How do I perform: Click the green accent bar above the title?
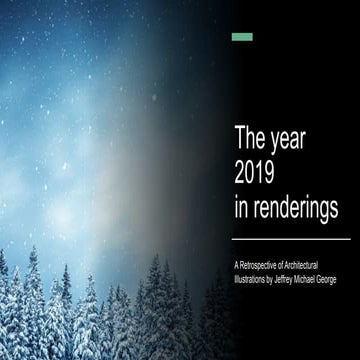242,37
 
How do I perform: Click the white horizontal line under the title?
291,239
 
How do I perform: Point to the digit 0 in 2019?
254,171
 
